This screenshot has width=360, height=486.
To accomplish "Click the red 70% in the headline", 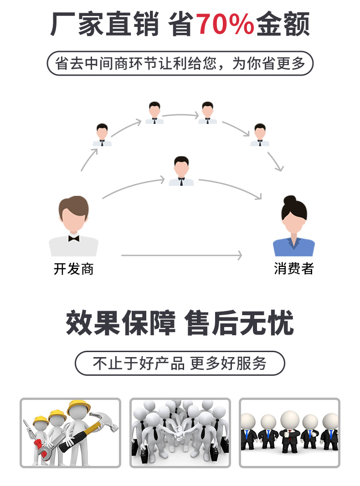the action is (225, 24).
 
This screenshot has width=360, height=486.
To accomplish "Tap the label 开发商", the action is (73, 269).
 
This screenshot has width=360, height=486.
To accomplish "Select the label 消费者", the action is (293, 269).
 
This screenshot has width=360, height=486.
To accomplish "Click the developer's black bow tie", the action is (73, 238).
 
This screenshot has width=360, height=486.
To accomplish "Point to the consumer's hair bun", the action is (290, 200).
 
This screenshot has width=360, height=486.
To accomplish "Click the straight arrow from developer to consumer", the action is (181, 256).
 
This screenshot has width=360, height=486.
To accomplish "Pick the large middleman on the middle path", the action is (181, 171).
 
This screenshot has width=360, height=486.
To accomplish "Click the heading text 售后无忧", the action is (239, 324).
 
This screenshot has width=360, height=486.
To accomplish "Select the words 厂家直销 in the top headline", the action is (105, 24).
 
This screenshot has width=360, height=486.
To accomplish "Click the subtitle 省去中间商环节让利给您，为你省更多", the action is (180, 63).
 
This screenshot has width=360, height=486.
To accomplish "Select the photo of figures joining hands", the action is (180, 433).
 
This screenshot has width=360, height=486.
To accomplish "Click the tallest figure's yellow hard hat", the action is (78, 407).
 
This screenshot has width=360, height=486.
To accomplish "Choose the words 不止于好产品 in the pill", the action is (139, 363).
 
